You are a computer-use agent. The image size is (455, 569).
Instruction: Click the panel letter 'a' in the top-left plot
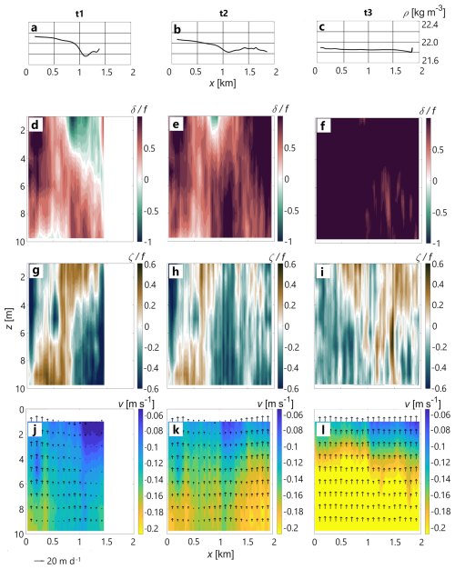click(x=35, y=28)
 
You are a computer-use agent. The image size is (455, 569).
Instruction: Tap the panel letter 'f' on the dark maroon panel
click(x=323, y=126)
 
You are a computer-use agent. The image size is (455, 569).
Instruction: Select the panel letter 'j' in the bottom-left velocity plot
click(x=35, y=430)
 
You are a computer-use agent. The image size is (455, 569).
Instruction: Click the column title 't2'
click(x=224, y=14)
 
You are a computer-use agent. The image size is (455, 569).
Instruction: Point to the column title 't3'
click(x=368, y=13)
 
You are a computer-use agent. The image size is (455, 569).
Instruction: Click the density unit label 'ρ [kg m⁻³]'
click(x=423, y=13)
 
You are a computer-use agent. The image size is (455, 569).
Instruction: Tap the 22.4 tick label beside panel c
click(x=430, y=25)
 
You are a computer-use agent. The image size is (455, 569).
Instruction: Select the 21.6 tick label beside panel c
click(x=430, y=61)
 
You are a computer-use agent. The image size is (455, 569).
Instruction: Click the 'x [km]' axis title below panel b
click(x=222, y=83)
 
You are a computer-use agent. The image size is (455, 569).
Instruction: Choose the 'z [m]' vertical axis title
click(x=9, y=319)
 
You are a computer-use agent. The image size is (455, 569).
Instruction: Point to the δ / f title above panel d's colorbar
click(x=139, y=108)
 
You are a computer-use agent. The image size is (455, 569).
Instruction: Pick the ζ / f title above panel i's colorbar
click(x=424, y=257)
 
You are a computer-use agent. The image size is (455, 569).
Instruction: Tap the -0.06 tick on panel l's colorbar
click(x=440, y=414)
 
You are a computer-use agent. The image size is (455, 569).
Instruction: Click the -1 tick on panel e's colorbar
click(x=288, y=241)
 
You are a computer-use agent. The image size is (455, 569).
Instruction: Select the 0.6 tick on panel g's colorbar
click(x=150, y=265)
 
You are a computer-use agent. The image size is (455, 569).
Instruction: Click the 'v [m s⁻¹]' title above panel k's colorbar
click(x=275, y=403)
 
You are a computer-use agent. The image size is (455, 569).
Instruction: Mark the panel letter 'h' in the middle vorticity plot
click(x=176, y=272)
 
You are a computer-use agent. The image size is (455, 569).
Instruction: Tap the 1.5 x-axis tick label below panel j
click(x=106, y=542)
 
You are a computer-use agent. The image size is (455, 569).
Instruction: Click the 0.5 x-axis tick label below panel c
click(x=341, y=70)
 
